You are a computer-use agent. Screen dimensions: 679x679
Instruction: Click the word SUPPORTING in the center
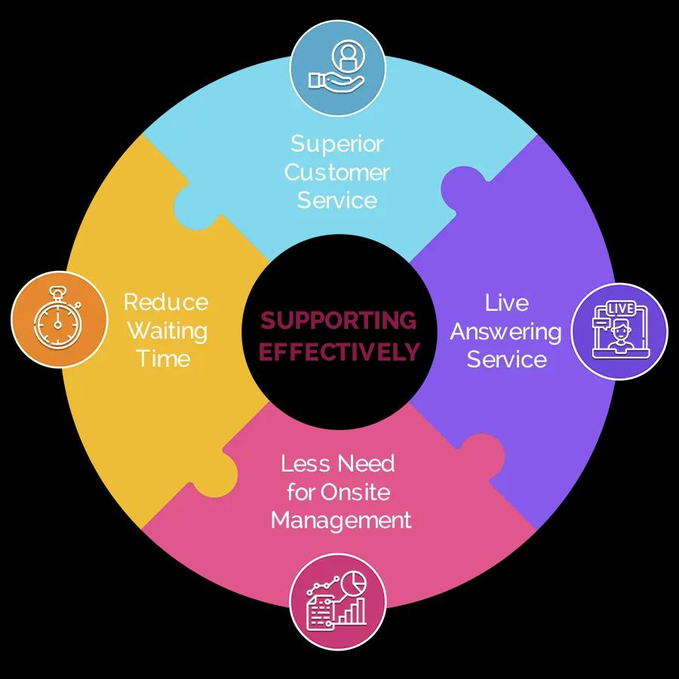coord(338,321)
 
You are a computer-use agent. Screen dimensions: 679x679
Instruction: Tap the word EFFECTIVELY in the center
coord(339,351)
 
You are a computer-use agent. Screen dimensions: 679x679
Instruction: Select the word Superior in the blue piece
coord(337,144)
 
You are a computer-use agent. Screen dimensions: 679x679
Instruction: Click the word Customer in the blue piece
coord(337,172)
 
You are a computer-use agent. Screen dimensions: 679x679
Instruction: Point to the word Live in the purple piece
coord(507,303)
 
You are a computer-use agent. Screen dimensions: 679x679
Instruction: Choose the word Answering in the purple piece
coord(505,333)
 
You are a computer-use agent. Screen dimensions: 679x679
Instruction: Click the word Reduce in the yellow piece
coord(166,302)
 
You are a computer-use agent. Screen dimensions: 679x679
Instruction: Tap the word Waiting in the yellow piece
coord(167,331)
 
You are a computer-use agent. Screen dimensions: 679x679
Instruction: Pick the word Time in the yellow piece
coord(164,358)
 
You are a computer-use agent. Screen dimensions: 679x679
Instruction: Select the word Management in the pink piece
coord(341,520)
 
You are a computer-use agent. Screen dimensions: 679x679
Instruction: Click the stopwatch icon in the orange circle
coord(57,318)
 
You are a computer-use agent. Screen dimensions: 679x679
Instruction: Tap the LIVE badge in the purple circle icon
coord(621,309)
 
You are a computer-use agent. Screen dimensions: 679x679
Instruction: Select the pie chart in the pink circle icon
coord(354,583)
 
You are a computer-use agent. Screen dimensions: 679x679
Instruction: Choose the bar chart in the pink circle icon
coord(352,611)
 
